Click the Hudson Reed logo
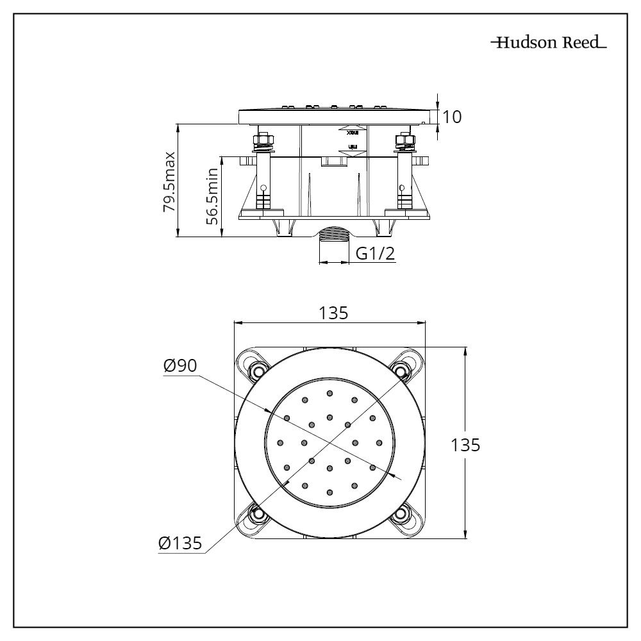[x=548, y=44]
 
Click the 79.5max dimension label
[x=169, y=181]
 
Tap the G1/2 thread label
[x=375, y=254]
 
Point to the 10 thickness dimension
[x=451, y=117]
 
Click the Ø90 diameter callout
[x=180, y=366]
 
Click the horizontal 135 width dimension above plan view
[x=333, y=313]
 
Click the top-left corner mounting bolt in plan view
[x=258, y=371]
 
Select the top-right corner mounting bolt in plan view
[x=401, y=371]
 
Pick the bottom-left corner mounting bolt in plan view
[x=258, y=513]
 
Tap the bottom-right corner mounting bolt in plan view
[x=401, y=513]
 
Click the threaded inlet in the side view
[x=333, y=235]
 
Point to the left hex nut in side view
[x=263, y=140]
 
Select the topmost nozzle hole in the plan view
[x=329, y=393]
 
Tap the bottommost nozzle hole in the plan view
[x=329, y=492]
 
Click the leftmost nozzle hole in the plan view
[x=279, y=442]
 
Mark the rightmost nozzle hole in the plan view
[x=379, y=442]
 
